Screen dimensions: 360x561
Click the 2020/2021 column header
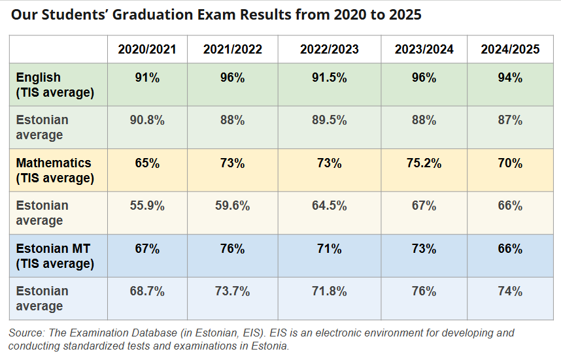click(x=147, y=50)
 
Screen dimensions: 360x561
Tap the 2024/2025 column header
click(x=510, y=50)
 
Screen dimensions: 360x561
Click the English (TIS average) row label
click(x=55, y=85)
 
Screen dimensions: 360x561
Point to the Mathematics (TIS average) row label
click(x=55, y=170)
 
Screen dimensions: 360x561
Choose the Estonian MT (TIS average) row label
click(x=55, y=256)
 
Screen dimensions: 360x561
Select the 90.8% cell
click(x=147, y=120)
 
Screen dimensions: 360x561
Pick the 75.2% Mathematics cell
click(x=424, y=163)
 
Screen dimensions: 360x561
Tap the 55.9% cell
click(x=147, y=206)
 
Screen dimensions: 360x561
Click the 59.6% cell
click(x=232, y=206)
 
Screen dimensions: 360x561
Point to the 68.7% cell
click(x=147, y=291)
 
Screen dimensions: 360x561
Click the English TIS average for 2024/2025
click(x=510, y=78)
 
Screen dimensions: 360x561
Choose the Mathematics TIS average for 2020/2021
click(x=147, y=163)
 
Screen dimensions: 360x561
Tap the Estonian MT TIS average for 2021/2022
click(x=232, y=249)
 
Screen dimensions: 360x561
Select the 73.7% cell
click(x=232, y=291)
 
